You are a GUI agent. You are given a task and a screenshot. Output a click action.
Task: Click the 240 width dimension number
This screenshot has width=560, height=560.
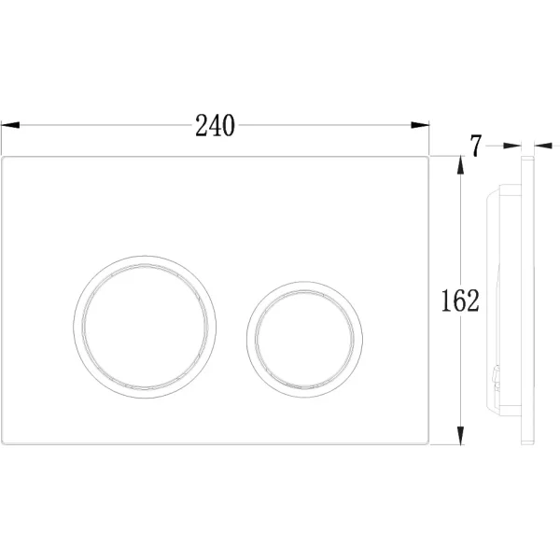[x=215, y=124]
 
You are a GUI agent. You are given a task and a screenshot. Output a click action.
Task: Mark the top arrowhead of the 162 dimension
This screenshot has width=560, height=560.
[x=459, y=164]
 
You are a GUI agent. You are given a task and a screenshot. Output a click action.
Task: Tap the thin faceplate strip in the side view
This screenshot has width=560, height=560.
[x=528, y=299]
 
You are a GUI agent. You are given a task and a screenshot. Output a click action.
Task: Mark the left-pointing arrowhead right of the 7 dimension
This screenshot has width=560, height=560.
[x=541, y=145]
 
